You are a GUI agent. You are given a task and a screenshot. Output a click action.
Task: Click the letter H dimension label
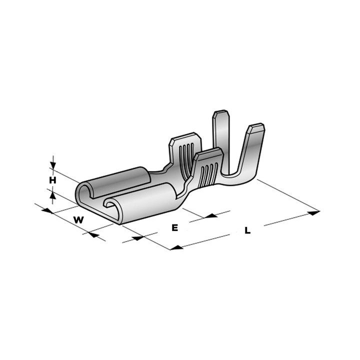[x=52, y=179]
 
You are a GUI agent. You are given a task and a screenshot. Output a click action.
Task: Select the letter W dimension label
[x=78, y=219]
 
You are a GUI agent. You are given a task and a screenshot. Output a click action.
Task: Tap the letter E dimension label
[x=174, y=228]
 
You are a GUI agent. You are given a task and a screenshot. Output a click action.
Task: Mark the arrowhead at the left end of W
[x=47, y=210]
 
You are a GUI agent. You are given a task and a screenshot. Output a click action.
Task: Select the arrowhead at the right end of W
[x=93, y=233]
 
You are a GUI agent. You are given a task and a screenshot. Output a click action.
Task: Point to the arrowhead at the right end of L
[x=313, y=213]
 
